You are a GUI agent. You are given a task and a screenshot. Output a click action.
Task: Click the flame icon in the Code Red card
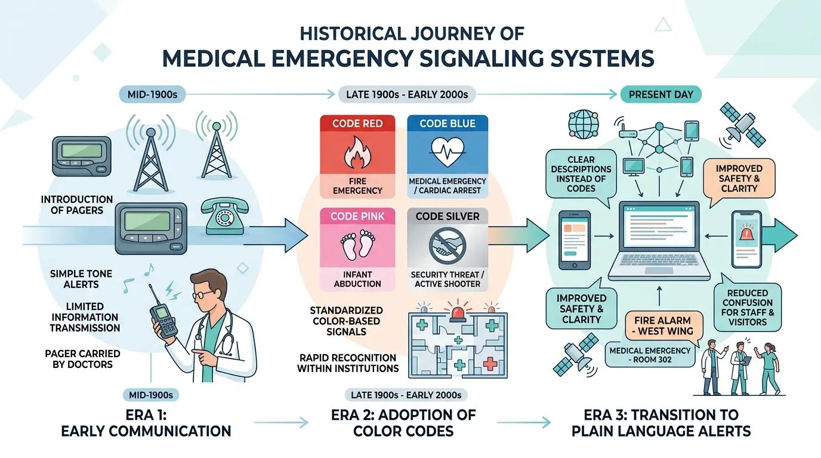click(x=357, y=153)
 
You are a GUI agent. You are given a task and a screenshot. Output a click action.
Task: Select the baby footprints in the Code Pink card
click(x=358, y=245)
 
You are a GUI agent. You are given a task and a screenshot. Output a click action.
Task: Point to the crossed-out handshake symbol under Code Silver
click(x=447, y=245)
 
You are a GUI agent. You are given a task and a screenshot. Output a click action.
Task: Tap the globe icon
click(x=583, y=124)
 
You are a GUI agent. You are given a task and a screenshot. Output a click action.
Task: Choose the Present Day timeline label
click(x=661, y=94)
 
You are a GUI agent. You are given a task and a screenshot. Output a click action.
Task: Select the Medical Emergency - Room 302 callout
click(x=650, y=355)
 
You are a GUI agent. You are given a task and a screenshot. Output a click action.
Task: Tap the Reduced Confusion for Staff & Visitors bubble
click(x=748, y=307)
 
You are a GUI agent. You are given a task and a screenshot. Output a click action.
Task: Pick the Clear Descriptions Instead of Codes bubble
click(x=581, y=174)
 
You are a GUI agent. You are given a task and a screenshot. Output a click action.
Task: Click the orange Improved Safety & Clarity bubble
click(x=739, y=179)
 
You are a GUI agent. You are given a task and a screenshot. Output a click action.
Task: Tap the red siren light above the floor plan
click(x=458, y=311)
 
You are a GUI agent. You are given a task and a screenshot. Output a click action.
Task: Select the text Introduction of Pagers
click(x=77, y=205)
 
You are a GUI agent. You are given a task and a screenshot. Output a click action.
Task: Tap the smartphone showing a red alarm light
click(x=746, y=239)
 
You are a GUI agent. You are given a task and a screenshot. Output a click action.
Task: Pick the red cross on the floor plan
click(x=490, y=364)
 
